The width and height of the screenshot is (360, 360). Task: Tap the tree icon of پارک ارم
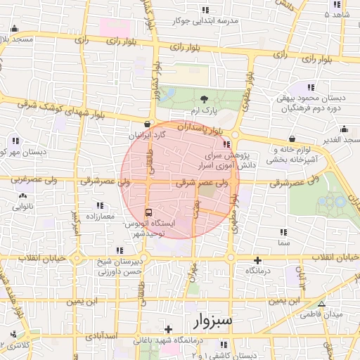point(204,99)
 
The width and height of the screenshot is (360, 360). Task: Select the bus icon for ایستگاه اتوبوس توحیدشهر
point(148,212)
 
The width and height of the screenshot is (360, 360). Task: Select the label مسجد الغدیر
point(340,141)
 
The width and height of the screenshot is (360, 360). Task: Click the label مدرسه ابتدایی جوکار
point(206,21)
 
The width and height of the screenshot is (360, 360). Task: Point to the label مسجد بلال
point(15,39)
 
